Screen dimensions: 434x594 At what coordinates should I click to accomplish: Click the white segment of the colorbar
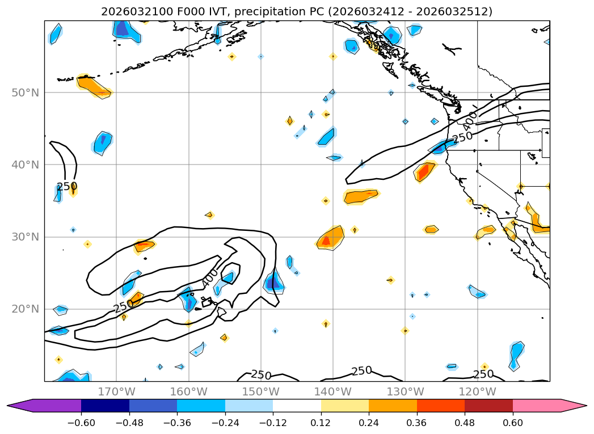pyautogui.click(x=297, y=406)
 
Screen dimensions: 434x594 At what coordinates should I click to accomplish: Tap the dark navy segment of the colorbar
pyautogui.click(x=105, y=406)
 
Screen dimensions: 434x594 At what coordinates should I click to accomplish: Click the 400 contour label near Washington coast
pyautogui.click(x=470, y=120)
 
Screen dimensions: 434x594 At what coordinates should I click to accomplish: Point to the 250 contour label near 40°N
pyautogui.click(x=66, y=187)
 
